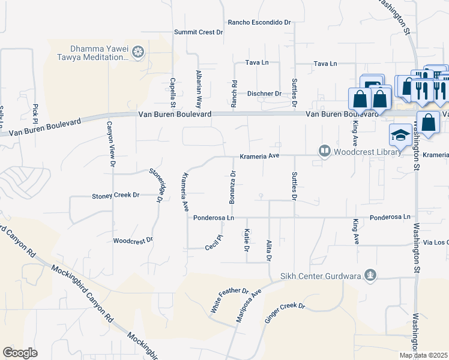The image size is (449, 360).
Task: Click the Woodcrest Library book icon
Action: click(325, 151)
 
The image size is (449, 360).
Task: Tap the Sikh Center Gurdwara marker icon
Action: click(371, 275)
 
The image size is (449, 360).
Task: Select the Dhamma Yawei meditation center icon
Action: click(139, 53)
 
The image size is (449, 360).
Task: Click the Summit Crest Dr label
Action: click(199, 32)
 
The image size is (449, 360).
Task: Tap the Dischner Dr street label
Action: click(264, 94)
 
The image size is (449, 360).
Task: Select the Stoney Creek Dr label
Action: click(115, 196)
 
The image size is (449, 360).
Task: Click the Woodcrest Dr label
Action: click(133, 240)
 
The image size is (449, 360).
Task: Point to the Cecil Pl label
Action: click(214, 243)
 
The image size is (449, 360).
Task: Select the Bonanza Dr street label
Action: click(232, 186)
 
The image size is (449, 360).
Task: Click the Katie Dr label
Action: click(247, 236)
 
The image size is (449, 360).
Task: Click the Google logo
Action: click(20, 353)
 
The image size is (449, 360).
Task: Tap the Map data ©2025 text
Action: click(424, 355)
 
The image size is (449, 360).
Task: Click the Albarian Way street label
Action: click(199, 85)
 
